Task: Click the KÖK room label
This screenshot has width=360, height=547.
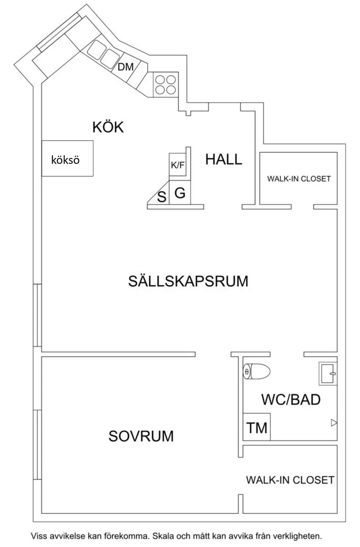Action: pyautogui.click(x=108, y=127)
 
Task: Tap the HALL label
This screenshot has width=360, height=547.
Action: pyautogui.click(x=223, y=159)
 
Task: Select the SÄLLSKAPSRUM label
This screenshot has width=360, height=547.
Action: pyautogui.click(x=188, y=281)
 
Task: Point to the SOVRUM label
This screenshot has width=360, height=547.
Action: pyautogui.click(x=141, y=436)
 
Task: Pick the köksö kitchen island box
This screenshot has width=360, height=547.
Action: pyautogui.click(x=67, y=158)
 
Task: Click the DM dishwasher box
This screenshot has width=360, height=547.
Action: pyautogui.click(x=126, y=67)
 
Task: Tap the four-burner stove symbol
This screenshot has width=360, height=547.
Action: pyautogui.click(x=165, y=84)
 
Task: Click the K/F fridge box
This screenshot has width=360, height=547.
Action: pyautogui.click(x=177, y=165)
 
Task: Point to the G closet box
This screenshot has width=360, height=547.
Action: pyautogui.click(x=180, y=193)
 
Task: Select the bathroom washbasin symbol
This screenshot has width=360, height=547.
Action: pyautogui.click(x=328, y=374)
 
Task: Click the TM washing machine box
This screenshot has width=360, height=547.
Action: pyautogui.click(x=257, y=427)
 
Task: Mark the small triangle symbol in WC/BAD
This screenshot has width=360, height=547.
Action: pyautogui.click(x=334, y=422)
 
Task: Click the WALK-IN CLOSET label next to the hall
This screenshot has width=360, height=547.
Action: pyautogui.click(x=299, y=179)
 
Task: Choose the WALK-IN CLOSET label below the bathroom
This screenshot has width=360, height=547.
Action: pyautogui.click(x=290, y=480)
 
